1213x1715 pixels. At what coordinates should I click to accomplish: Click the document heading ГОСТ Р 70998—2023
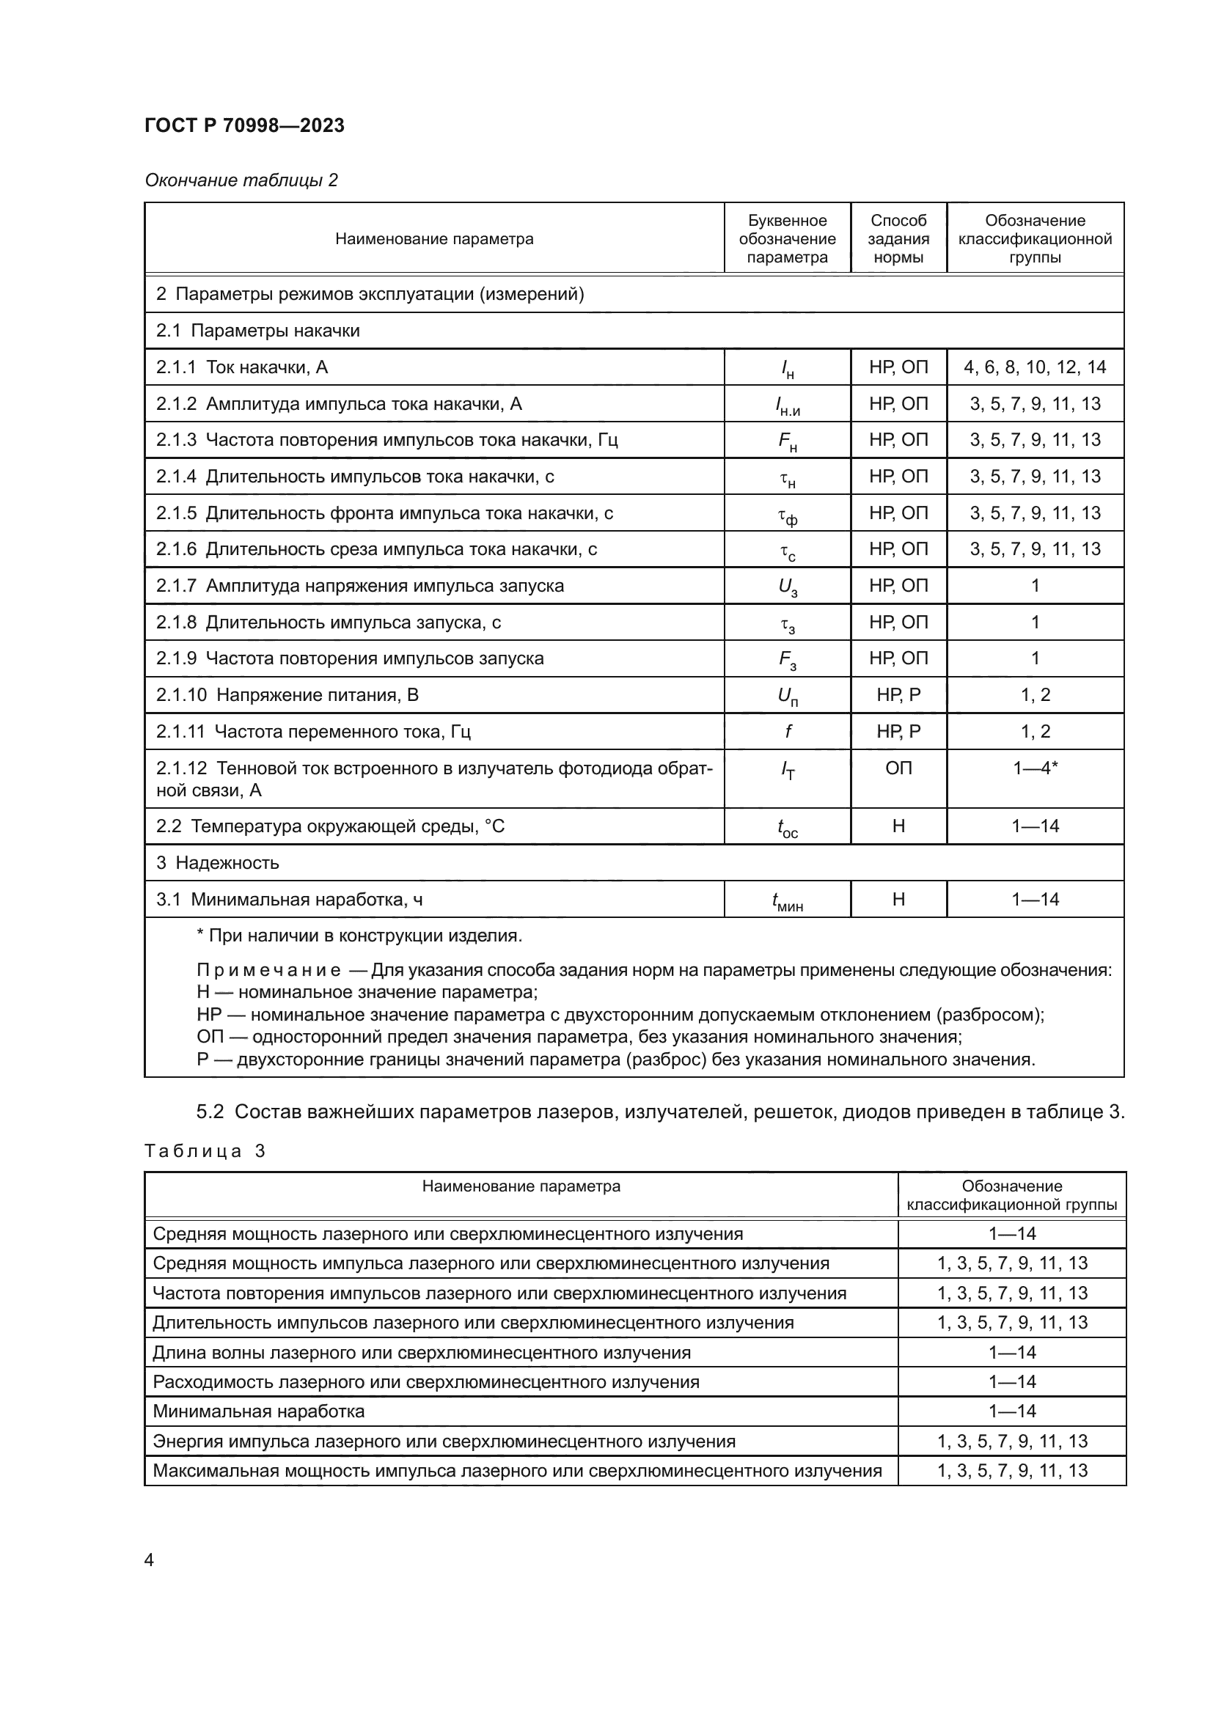(244, 125)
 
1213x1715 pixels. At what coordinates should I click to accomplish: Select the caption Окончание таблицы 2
(241, 180)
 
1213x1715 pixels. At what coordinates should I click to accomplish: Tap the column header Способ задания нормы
(898, 238)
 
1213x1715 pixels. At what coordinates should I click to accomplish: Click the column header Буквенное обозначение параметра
(786, 238)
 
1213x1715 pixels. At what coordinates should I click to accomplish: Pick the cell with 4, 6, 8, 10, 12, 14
(1035, 367)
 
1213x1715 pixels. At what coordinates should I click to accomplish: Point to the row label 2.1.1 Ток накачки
(242, 367)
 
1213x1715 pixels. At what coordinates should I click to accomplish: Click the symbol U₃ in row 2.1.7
(787, 587)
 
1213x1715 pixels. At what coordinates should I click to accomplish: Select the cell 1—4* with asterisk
(1035, 768)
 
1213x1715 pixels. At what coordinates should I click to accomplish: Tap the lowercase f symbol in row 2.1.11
(787, 731)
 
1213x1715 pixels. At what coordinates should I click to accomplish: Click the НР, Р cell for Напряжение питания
(898, 694)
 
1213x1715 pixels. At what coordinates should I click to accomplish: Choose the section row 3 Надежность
(217, 863)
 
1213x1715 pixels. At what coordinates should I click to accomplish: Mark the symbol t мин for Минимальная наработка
(787, 901)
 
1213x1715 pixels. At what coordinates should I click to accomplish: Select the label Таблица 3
(205, 1150)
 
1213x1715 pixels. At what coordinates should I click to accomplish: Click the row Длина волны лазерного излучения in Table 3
(421, 1352)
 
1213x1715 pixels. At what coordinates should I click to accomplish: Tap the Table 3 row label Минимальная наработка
(258, 1411)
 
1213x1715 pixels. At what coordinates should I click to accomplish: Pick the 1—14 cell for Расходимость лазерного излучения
(1011, 1381)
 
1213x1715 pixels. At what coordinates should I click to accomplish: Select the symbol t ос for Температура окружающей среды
(787, 828)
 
